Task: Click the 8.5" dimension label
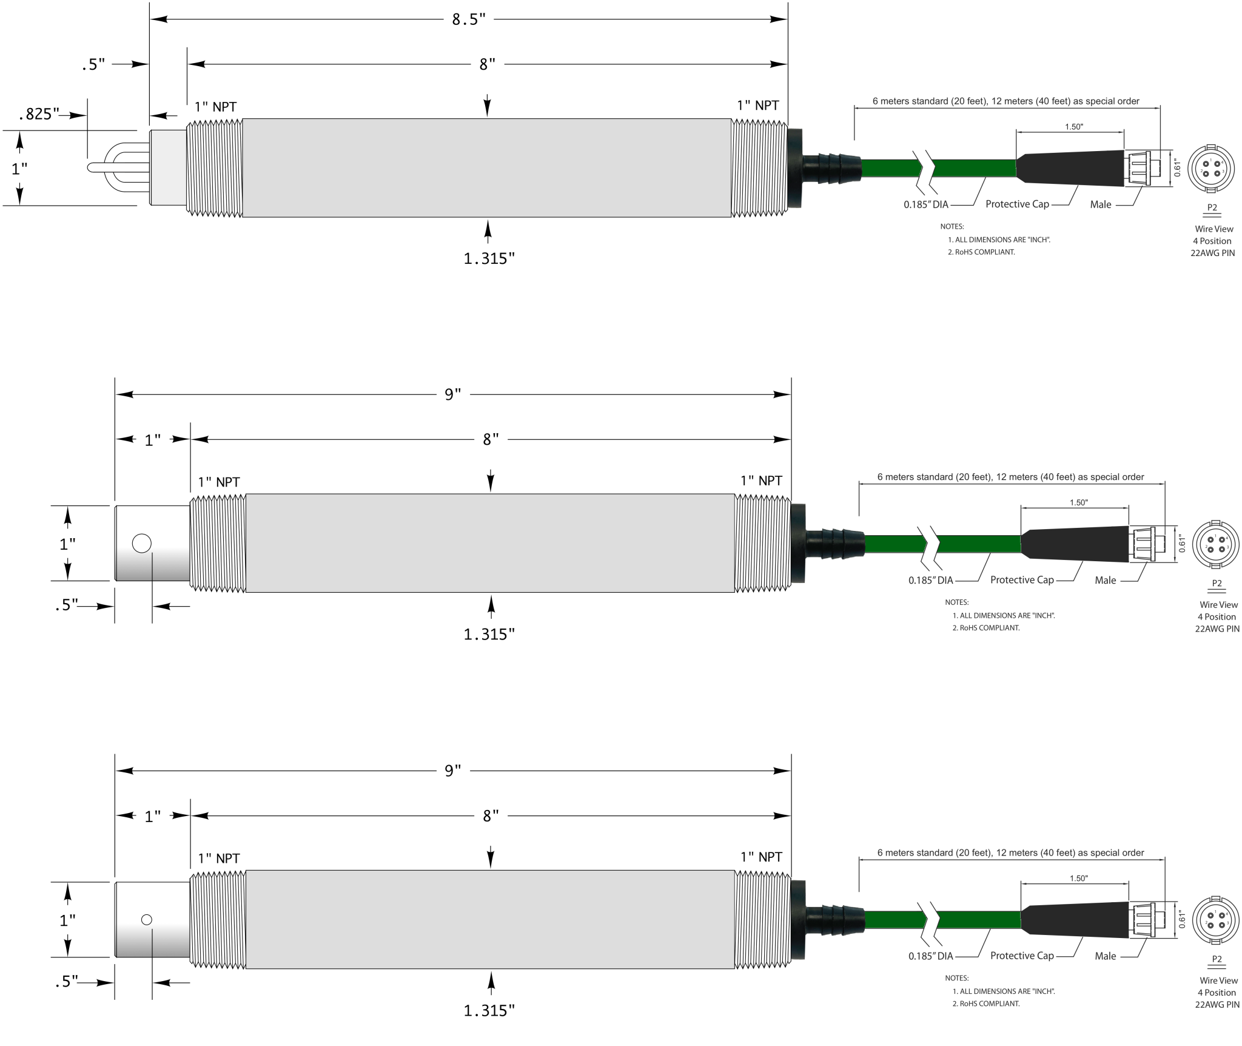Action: [x=468, y=19]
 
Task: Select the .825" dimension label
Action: [x=39, y=114]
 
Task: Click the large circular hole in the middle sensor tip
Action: [x=141, y=543]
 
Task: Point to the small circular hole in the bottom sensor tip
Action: [x=146, y=920]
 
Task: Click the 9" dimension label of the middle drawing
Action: [x=452, y=395]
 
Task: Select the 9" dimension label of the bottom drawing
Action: [x=452, y=771]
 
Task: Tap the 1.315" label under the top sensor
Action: [x=489, y=259]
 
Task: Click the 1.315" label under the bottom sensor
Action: [x=489, y=1011]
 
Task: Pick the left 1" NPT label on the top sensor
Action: [x=215, y=107]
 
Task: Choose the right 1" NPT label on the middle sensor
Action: [x=761, y=481]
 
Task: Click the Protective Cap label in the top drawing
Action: [x=1017, y=204]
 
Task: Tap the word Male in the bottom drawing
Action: [x=1105, y=956]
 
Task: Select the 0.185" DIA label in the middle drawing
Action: [x=930, y=581]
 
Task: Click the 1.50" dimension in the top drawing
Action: [x=1073, y=127]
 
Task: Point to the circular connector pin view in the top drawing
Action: [x=1210, y=167]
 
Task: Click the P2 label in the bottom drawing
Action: [x=1217, y=959]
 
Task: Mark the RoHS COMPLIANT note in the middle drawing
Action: [x=985, y=628]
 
